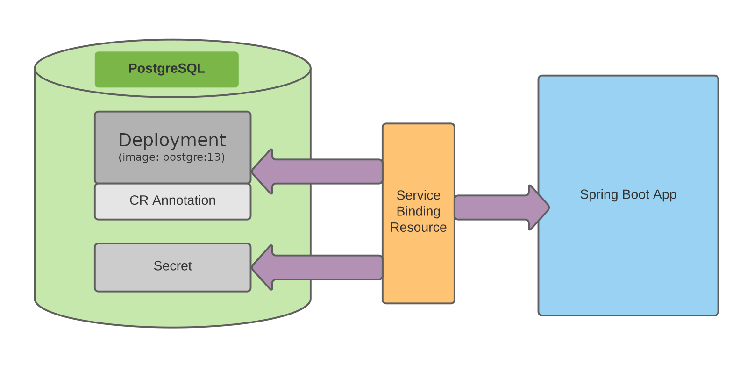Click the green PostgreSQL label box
166,69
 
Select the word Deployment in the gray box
172,140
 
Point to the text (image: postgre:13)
171,157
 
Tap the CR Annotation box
172,201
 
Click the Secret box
172,267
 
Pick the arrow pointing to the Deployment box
322,172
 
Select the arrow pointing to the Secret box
322,267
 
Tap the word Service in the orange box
418,195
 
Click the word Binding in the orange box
418,211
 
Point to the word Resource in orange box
418,227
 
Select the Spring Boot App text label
628,194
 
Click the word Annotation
184,200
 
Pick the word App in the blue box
665,194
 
